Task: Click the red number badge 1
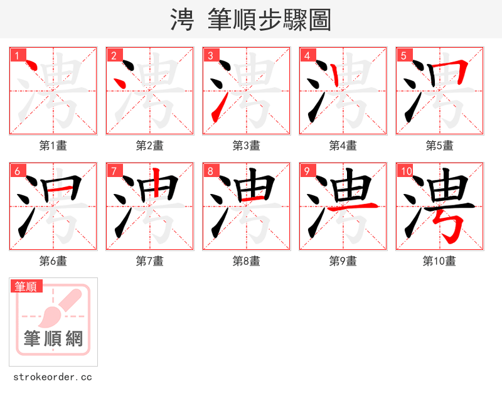(x=18, y=56)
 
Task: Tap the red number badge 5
(x=404, y=56)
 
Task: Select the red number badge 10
(x=406, y=171)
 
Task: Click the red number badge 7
(x=114, y=171)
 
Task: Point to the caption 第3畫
(x=246, y=146)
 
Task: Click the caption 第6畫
(x=53, y=261)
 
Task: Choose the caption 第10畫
(x=439, y=261)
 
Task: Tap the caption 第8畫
(x=246, y=261)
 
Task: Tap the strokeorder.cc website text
(x=53, y=377)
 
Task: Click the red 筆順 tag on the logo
(x=27, y=287)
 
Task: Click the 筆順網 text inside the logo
(x=53, y=339)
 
